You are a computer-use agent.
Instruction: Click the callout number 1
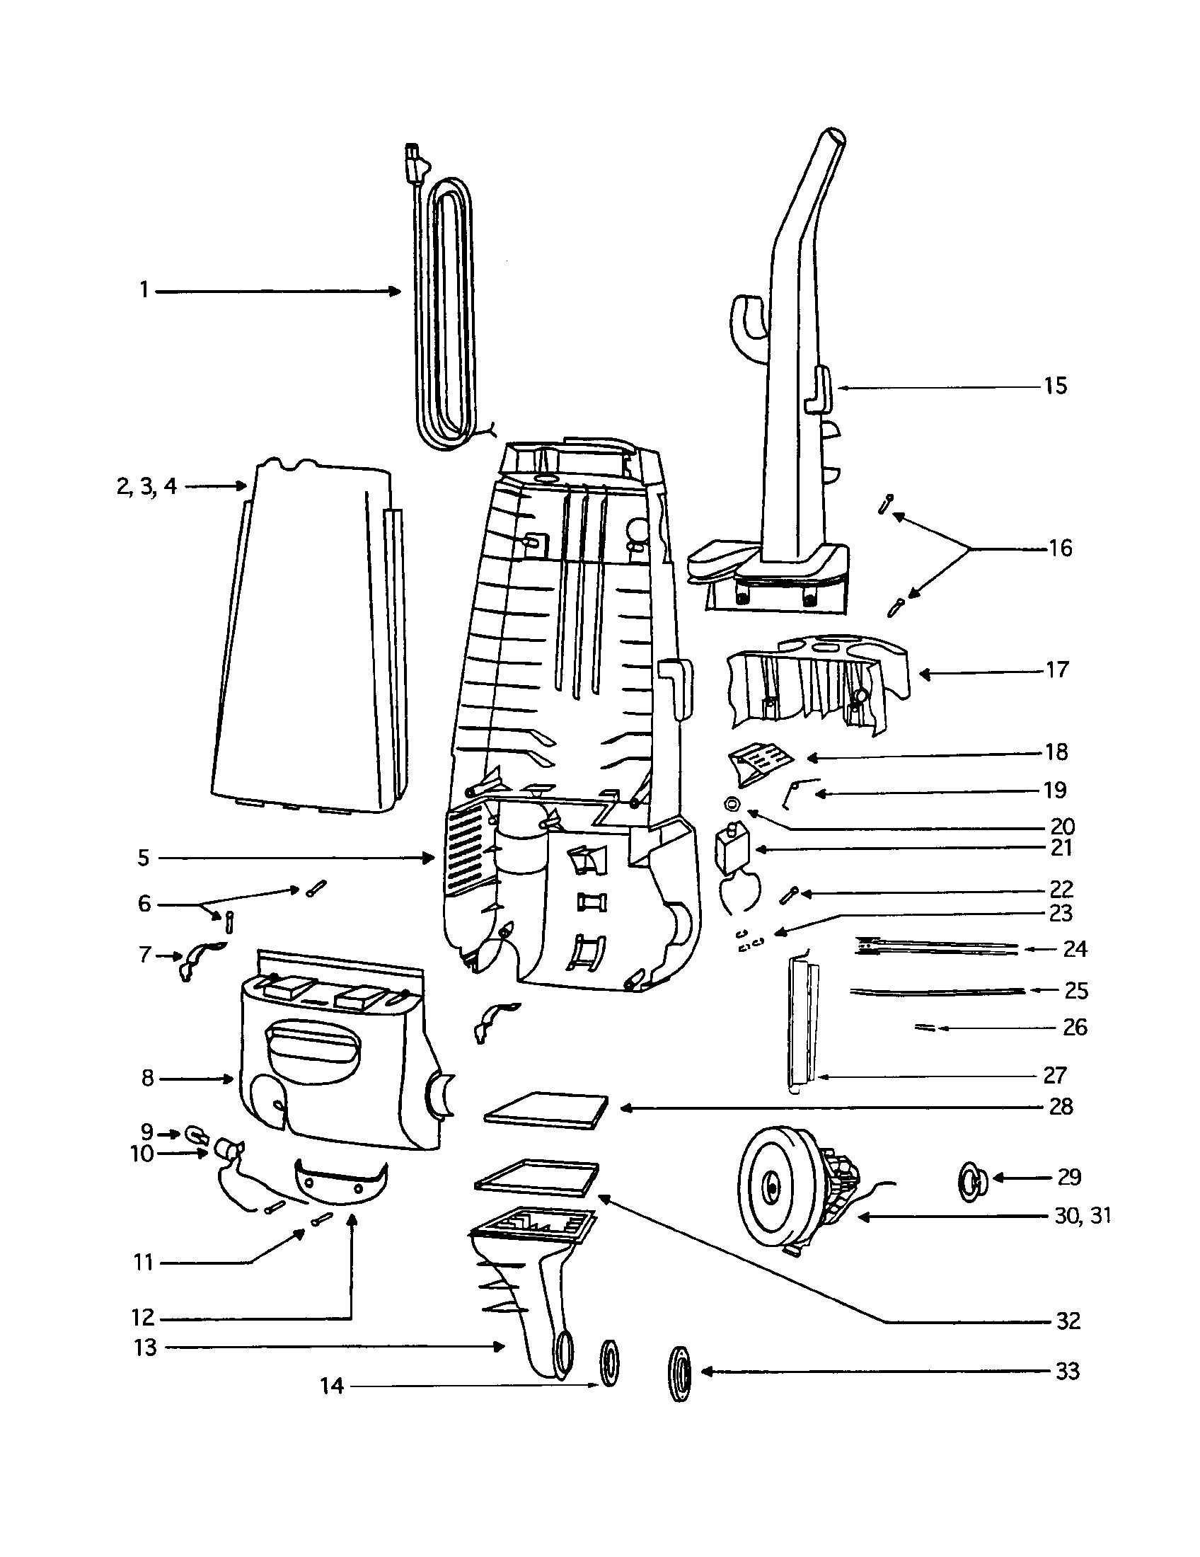144,291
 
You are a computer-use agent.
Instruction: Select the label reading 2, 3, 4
146,487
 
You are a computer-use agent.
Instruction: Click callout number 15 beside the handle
1056,386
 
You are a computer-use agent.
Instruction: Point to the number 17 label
1058,670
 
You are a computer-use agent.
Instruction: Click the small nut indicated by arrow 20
731,804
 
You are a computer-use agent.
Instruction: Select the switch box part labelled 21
731,849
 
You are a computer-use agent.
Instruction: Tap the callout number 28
1061,1106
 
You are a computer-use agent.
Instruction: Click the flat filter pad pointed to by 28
546,1109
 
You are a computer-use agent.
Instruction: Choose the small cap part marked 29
973,1179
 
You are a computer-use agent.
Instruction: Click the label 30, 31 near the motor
1083,1215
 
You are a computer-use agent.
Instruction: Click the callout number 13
144,1348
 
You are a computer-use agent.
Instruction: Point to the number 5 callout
144,858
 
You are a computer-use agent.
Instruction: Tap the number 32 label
1068,1321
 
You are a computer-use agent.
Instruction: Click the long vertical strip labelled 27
803,1027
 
